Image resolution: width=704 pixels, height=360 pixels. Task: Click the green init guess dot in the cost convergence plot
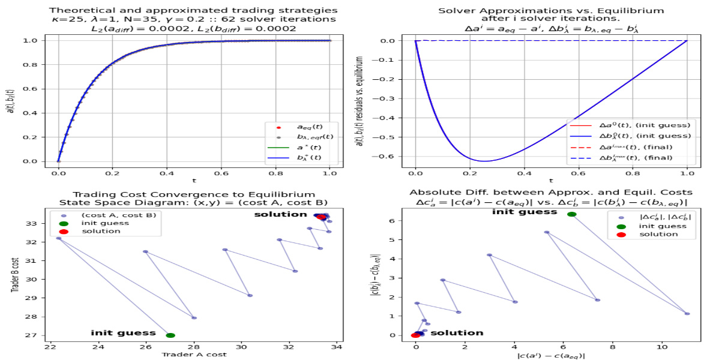tap(170, 335)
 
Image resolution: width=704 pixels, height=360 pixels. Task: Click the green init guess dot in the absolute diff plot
tap(571, 214)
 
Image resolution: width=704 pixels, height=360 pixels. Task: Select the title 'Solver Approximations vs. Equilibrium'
tap(550, 10)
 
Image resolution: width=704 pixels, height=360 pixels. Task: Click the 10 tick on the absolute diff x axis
tap(662, 346)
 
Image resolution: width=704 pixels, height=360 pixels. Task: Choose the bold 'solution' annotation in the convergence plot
tap(280, 214)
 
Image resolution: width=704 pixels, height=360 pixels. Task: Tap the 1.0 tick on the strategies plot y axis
tap(31, 41)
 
